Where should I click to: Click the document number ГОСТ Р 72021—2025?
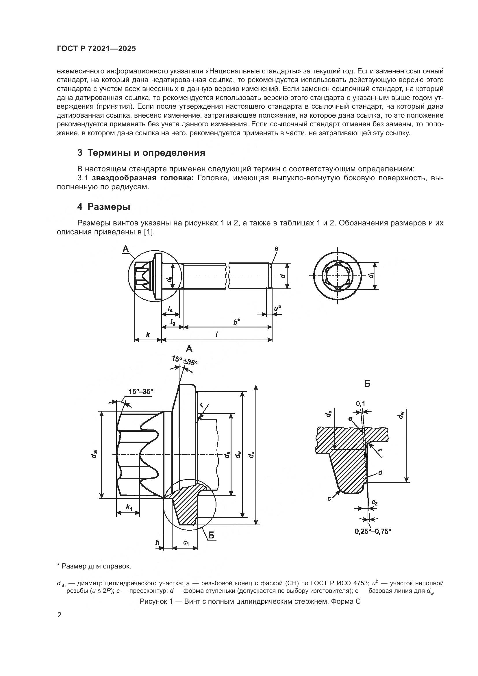click(96, 49)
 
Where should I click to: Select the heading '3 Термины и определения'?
click(141, 153)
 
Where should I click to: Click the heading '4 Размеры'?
click(104, 207)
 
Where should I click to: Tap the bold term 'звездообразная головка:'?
click(143, 178)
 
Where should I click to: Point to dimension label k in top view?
click(148, 334)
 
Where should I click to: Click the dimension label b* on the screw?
click(236, 322)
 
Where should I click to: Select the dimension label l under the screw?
click(217, 334)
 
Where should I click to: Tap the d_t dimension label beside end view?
click(372, 276)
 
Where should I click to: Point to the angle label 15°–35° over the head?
click(141, 391)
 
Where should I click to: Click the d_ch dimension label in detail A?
click(94, 455)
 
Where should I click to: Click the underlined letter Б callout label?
click(211, 536)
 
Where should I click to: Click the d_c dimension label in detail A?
click(251, 455)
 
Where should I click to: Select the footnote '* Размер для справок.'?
click(94, 566)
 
